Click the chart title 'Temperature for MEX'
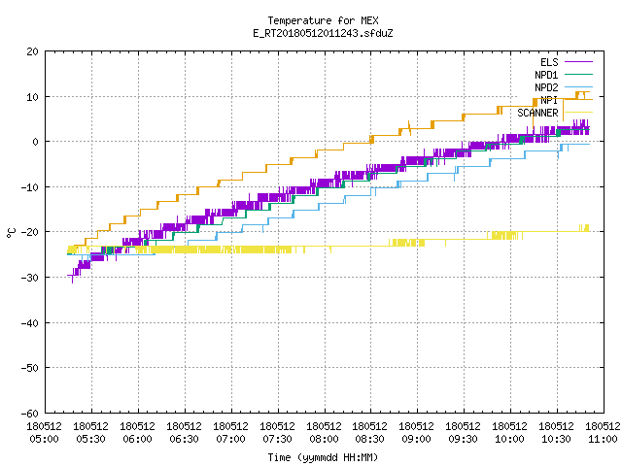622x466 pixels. [x=323, y=20]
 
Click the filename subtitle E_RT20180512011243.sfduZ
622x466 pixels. [x=323, y=33]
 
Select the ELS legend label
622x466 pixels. [x=549, y=62]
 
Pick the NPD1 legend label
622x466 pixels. [x=546, y=75]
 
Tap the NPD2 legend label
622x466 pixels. [x=546, y=87]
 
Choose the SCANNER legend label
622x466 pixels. [x=537, y=113]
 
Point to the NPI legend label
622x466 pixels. [x=549, y=100]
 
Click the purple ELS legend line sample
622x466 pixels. [x=578, y=62]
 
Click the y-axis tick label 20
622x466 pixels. [x=33, y=51]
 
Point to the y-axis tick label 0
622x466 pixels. [x=36, y=142]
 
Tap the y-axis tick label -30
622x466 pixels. [x=30, y=278]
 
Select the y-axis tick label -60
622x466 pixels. [x=30, y=414]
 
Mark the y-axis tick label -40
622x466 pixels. [x=30, y=323]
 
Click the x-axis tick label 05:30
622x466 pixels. [x=90, y=439]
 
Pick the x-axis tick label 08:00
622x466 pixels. [x=324, y=439]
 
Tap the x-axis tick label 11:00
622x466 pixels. [x=603, y=439]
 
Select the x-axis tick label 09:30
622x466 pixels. [x=464, y=439]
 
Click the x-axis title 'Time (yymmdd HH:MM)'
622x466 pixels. [x=323, y=457]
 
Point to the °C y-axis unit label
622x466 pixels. [x=12, y=233]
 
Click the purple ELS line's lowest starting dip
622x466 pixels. [x=72, y=283]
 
